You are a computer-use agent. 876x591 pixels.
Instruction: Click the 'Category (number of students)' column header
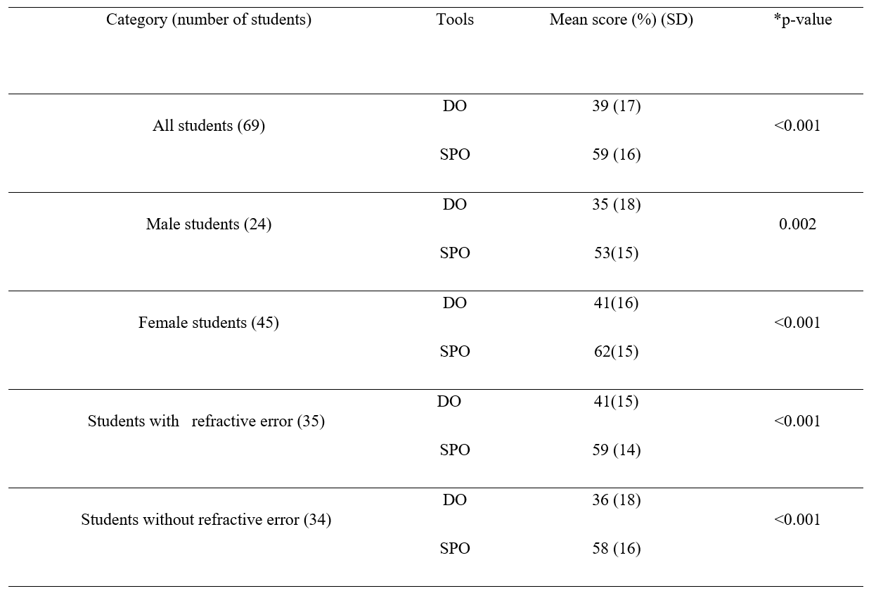click(209, 20)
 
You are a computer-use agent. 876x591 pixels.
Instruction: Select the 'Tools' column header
click(455, 20)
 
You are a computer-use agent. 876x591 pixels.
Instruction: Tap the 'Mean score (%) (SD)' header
click(621, 20)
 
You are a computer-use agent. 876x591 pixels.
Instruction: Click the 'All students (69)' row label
click(209, 126)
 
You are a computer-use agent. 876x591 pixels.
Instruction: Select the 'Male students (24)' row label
click(209, 224)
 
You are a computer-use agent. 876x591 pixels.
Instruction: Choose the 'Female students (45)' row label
click(209, 323)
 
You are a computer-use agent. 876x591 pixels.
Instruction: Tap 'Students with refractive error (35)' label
click(206, 421)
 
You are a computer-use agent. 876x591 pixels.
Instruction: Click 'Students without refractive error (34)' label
click(206, 520)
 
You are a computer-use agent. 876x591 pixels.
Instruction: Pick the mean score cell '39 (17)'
click(617, 106)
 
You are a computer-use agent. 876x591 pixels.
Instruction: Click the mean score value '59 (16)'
click(617, 155)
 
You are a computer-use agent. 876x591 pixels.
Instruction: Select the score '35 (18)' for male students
click(617, 205)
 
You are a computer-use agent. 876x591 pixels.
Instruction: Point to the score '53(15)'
click(617, 253)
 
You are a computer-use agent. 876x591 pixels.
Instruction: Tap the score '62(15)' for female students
click(617, 352)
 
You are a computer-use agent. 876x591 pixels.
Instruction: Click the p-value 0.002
click(798, 224)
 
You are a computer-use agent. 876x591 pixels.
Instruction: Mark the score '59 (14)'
click(617, 450)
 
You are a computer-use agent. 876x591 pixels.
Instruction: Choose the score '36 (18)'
click(617, 500)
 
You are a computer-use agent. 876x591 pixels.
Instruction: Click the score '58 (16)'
click(617, 549)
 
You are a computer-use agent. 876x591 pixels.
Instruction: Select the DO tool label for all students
click(455, 106)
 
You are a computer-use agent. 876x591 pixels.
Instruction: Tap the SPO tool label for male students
click(455, 253)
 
